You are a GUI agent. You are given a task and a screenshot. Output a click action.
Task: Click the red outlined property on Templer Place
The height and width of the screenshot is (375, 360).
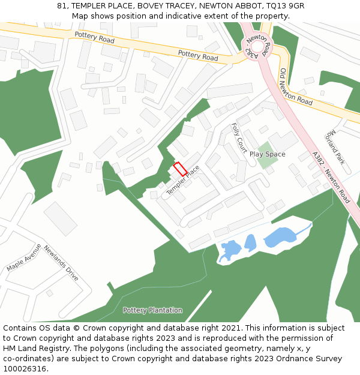coord(179,169)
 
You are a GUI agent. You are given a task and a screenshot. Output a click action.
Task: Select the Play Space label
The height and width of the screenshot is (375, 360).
coord(267,154)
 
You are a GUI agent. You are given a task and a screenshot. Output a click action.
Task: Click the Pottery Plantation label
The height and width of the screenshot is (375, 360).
coord(152,310)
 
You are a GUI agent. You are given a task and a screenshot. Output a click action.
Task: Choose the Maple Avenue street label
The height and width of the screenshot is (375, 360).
coord(25,257)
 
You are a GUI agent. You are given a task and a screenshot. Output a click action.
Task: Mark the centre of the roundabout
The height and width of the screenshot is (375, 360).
coord(257,46)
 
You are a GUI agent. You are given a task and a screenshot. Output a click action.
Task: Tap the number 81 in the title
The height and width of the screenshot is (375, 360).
coord(62,6)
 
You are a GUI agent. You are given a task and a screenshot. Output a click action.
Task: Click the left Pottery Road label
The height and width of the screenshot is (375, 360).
coord(94,37)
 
